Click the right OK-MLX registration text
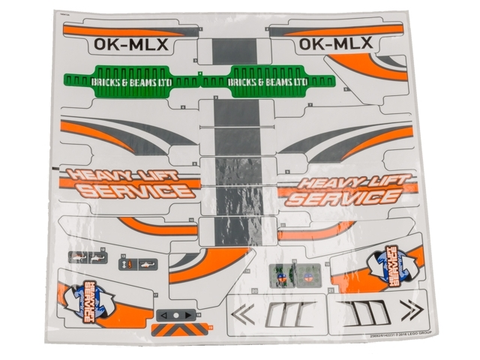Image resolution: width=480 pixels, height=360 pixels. click(335, 45)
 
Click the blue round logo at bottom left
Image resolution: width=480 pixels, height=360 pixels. click(85, 298)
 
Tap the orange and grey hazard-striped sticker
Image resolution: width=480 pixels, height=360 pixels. click(181, 328)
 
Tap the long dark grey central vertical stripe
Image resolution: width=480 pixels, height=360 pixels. click(238, 150)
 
